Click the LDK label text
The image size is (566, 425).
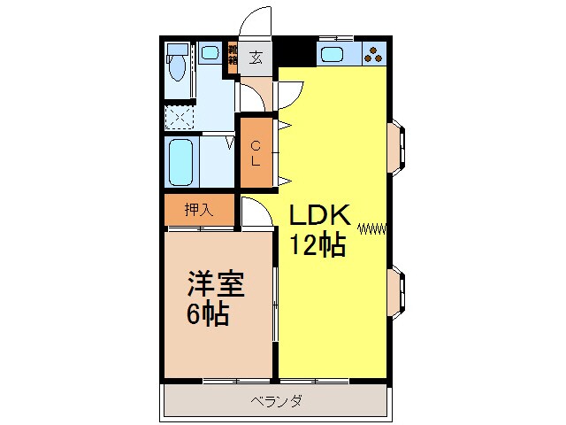tap(317, 214)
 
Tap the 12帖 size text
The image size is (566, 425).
tap(314, 244)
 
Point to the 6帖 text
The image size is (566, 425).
tap(208, 313)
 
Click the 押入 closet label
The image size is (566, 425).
tap(198, 210)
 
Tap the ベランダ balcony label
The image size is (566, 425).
tap(275, 401)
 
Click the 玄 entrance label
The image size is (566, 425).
tap(256, 58)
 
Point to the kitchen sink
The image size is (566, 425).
tap(335, 55)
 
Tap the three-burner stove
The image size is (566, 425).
tap(375, 54)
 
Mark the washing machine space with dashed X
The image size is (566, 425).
tap(180, 116)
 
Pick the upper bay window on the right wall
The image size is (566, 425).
tap(397, 143)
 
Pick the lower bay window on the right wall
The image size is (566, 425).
tap(397, 293)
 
